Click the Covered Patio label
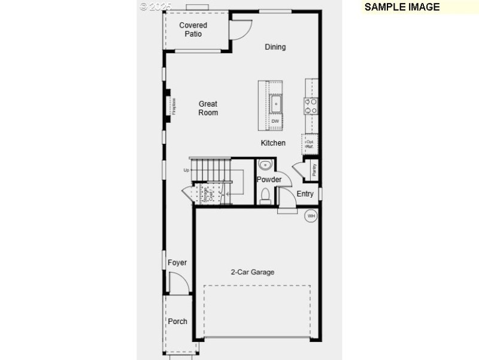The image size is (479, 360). click(x=193, y=29)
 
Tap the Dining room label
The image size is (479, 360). click(x=275, y=47)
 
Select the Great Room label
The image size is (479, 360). click(x=208, y=108)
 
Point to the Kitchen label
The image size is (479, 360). click(x=273, y=143)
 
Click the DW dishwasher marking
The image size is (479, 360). click(x=275, y=122)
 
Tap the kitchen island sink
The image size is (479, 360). click(x=275, y=103)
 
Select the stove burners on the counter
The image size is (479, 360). click(x=311, y=106)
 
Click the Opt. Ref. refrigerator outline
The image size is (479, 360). click(x=310, y=144)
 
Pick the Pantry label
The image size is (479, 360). click(x=314, y=170)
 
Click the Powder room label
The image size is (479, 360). click(x=269, y=180)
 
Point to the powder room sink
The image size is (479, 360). click(x=265, y=165)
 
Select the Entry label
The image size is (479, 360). click(x=305, y=193)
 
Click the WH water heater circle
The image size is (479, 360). click(x=311, y=216)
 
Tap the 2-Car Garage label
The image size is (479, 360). click(x=253, y=272)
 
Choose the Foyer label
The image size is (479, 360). click(x=177, y=262)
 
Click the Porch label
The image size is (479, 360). click(x=177, y=321)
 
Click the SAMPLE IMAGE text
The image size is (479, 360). click(x=402, y=7)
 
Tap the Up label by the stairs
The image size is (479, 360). click(x=186, y=171)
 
